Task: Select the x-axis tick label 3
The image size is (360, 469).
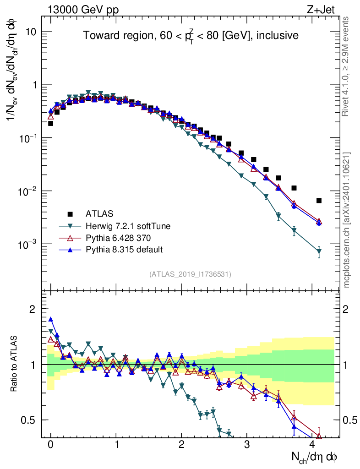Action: [247, 445]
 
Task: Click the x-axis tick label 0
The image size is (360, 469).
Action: [50, 445]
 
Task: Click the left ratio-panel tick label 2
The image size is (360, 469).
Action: [33, 309]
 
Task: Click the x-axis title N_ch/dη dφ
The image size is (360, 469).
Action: [314, 457]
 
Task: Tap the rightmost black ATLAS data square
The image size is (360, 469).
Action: [319, 200]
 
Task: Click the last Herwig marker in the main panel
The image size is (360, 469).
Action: [319, 251]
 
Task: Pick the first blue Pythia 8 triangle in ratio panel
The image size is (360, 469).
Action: [51, 320]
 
